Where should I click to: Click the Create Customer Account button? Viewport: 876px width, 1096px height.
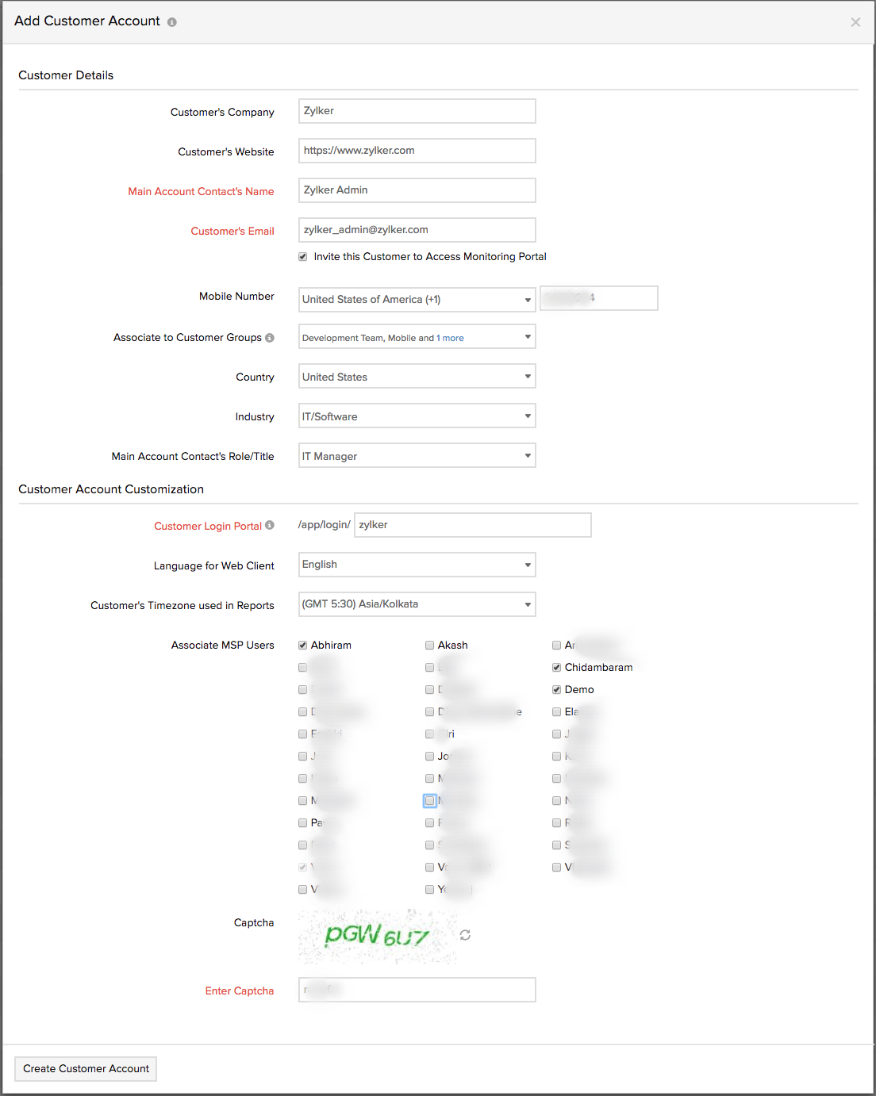pos(86,1068)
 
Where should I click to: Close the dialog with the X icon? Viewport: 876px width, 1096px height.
pos(855,22)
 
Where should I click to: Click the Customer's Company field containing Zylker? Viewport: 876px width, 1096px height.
pos(417,111)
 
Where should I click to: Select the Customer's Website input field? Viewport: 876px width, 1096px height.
pos(417,151)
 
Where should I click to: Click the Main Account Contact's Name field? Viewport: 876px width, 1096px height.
pos(417,190)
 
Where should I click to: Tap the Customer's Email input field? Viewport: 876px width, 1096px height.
pos(417,230)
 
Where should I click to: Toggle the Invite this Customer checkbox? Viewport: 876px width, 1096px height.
pos(303,257)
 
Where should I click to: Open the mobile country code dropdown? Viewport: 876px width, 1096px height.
pos(417,300)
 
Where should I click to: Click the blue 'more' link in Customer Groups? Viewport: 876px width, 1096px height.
pos(453,338)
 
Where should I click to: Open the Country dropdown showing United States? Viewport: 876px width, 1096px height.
pos(417,377)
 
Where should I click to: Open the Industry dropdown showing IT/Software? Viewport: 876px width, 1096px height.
pos(417,416)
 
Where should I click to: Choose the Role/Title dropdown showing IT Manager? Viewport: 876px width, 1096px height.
pos(417,456)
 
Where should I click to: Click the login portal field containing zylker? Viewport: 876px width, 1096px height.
pos(472,525)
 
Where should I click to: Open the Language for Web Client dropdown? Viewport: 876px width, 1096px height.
pos(417,565)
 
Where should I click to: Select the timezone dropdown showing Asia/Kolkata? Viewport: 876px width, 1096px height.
pos(417,604)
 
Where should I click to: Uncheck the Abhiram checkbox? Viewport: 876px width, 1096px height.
pos(303,646)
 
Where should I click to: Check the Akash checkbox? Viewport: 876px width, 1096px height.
pos(430,646)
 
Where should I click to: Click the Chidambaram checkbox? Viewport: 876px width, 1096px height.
pos(557,668)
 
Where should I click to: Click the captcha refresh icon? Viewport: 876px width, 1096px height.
pos(465,935)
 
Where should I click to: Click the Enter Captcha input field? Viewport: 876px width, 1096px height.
pos(417,990)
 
